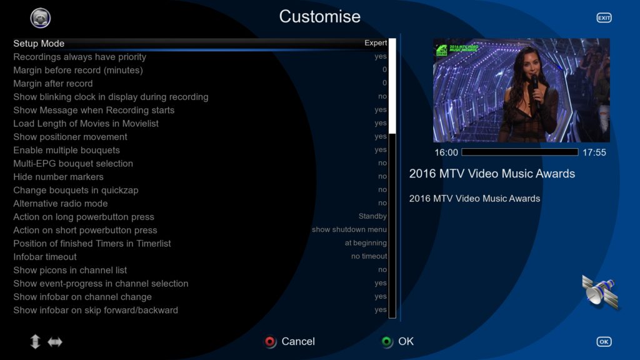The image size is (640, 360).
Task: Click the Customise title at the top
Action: [x=319, y=17]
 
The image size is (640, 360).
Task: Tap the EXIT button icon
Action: [x=604, y=17]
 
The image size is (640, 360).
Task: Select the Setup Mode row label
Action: [x=39, y=43]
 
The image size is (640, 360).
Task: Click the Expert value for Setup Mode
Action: [x=376, y=43]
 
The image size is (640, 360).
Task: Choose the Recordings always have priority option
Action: [x=79, y=57]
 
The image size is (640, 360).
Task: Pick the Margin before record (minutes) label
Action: [x=78, y=70]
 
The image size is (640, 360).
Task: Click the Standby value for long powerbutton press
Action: [x=372, y=216]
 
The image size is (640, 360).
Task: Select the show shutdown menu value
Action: [x=349, y=229]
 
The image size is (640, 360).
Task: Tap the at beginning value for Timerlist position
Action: [x=365, y=243]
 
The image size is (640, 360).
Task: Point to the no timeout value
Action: [x=369, y=256]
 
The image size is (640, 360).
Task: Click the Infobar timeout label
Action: [x=45, y=257]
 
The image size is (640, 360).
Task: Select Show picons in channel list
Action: [x=70, y=270]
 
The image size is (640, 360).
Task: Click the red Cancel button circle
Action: [x=270, y=342]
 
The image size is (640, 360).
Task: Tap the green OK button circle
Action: [x=386, y=342]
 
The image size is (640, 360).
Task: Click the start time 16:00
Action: [x=446, y=152]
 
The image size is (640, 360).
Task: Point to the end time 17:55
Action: [x=594, y=152]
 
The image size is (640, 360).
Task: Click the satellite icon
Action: [x=600, y=292]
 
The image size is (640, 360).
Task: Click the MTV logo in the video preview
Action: [x=442, y=50]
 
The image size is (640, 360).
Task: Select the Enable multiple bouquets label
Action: [x=66, y=150]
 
